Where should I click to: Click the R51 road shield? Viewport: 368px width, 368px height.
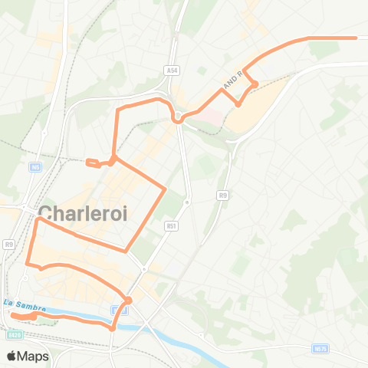pyautogui.click(x=171, y=225)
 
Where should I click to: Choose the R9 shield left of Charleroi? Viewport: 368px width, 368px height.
pyautogui.click(x=8, y=244)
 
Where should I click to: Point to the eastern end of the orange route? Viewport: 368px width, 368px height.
pyautogui.click(x=356, y=37)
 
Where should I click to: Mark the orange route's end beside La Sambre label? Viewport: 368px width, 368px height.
pyautogui.click(x=13, y=314)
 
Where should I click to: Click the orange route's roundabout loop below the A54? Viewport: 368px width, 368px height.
pyautogui.click(x=178, y=117)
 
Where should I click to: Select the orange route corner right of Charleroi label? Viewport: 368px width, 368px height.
pyautogui.click(x=165, y=188)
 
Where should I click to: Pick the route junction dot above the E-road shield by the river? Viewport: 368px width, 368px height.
pyautogui.click(x=129, y=300)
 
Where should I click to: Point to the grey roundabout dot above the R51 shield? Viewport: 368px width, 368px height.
pyautogui.click(x=186, y=202)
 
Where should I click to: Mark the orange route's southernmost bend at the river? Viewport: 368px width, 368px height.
pyautogui.click(x=113, y=328)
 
